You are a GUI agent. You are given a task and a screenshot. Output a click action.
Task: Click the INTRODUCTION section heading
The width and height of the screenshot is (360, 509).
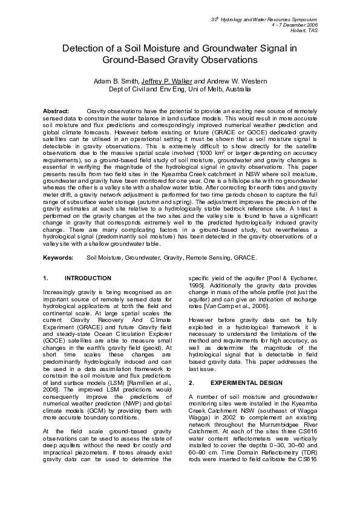[88, 278]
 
